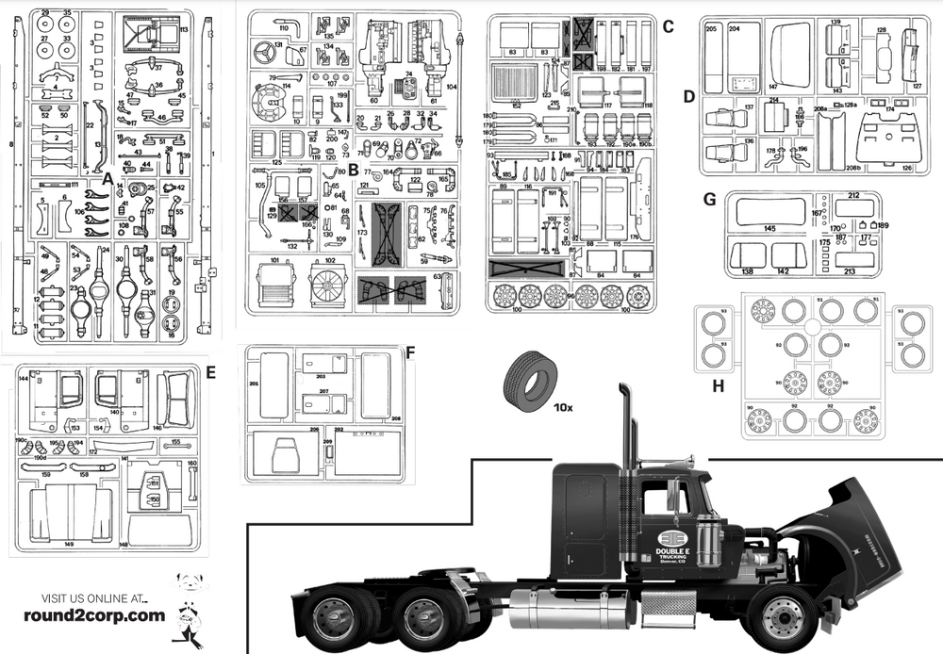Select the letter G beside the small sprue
point(709,199)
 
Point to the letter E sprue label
point(210,372)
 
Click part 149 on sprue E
point(71,516)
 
